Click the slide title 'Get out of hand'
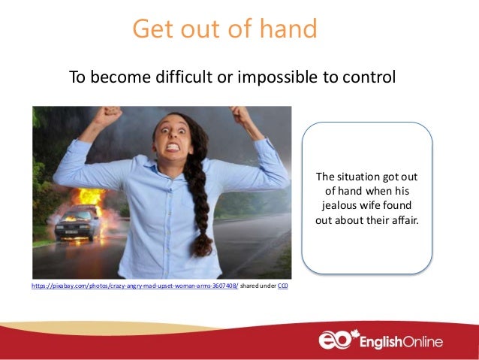coord(224,29)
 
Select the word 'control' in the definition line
coord(369,77)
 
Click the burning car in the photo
coord(78,219)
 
